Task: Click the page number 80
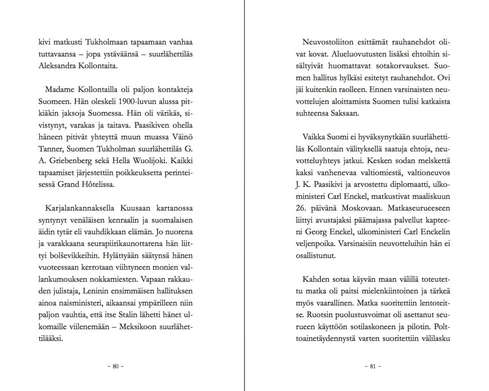115,367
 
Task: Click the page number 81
373,367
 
